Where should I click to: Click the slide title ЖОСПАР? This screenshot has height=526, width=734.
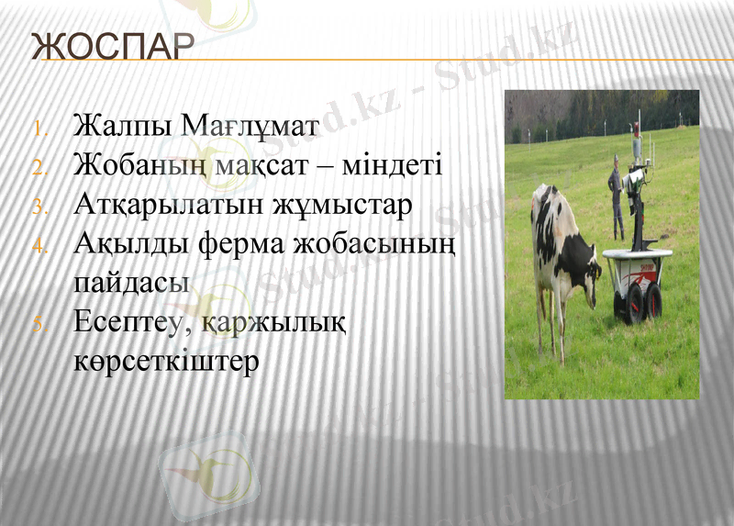coord(112,46)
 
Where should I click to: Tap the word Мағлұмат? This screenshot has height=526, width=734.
coord(250,125)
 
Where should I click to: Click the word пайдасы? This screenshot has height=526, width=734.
coord(131,283)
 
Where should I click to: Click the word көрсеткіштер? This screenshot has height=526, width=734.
coord(166,361)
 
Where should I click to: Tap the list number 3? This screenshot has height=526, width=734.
coord(39,207)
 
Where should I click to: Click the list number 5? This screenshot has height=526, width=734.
coord(39,324)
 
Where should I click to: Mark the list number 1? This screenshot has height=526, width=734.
coord(39,128)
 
